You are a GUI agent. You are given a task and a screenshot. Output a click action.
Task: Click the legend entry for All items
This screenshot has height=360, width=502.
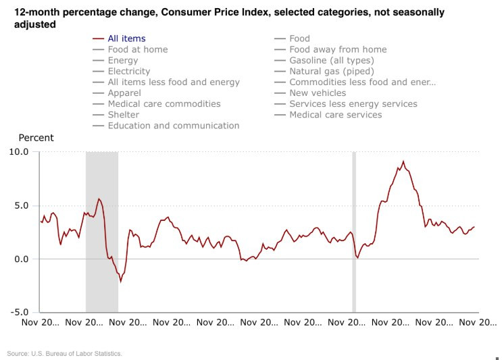point(126,38)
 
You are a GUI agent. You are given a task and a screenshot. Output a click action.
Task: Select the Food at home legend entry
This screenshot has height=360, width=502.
point(137,49)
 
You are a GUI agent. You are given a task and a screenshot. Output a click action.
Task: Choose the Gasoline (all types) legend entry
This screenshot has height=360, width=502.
point(331,60)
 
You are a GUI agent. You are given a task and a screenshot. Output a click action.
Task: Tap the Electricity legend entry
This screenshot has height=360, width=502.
point(128,71)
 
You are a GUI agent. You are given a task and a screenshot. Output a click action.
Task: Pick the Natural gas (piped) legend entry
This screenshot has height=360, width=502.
point(331,71)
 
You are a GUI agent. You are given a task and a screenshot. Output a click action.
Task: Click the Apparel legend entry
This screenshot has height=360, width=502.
point(124,93)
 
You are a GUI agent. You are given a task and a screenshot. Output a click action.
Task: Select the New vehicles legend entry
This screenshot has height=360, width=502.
point(317,93)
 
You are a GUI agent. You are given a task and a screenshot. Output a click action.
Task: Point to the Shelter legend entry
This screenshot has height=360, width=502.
point(124,114)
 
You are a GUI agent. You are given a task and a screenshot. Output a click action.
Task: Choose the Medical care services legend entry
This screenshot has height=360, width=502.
point(335,114)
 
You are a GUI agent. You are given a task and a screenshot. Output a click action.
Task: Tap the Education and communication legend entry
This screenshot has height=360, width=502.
point(173,125)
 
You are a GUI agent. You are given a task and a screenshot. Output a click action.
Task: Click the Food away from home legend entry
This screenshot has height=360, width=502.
point(338,49)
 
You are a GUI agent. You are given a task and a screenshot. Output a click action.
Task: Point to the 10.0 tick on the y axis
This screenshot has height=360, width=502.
point(19,151)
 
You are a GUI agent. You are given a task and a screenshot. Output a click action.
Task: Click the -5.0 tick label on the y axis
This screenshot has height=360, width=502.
point(19,313)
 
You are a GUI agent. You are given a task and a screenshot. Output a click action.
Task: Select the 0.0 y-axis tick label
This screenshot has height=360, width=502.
point(21,259)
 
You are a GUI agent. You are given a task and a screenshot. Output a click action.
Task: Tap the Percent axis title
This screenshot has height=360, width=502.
point(36,138)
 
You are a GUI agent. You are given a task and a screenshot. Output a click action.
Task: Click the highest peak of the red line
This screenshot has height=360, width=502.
point(403,161)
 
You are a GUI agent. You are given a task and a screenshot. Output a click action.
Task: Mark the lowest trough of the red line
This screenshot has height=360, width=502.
point(121,281)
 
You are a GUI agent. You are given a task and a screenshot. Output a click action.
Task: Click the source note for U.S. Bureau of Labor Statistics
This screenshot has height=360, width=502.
point(65,353)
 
